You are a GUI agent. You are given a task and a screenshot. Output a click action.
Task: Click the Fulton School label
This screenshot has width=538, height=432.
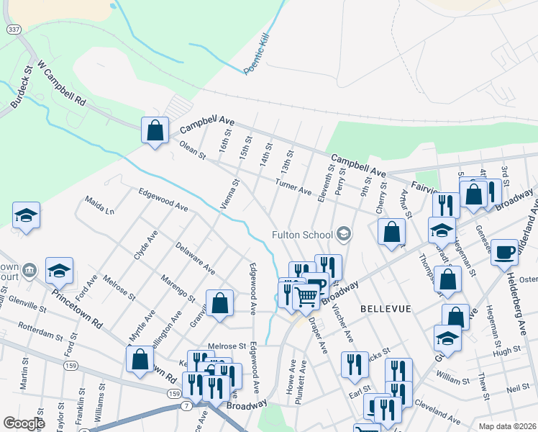301,234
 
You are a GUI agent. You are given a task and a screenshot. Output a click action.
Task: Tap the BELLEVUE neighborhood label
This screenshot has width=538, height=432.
386,308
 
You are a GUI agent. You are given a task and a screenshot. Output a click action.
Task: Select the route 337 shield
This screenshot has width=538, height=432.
14,29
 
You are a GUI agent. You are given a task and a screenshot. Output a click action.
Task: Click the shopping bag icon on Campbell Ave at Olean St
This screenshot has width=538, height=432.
155,130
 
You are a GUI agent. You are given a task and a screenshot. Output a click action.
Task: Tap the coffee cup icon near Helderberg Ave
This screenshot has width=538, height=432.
505,252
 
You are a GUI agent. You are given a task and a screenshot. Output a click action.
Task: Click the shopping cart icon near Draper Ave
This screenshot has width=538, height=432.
306,295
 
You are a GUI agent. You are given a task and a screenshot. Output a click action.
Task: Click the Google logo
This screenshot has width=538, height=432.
24,423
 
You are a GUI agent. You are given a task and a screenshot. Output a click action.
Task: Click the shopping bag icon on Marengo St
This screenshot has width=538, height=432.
219,303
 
